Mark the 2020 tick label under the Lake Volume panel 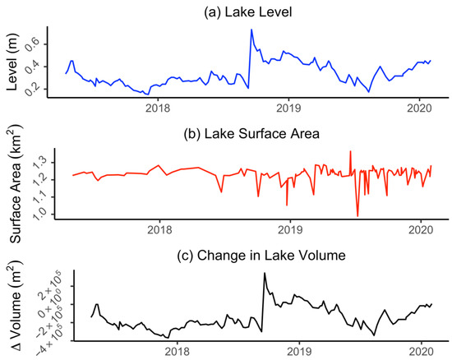click(x=421, y=350)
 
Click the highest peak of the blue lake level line click(x=251, y=30)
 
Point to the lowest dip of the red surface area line click(x=357, y=216)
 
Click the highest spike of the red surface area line click(x=350, y=151)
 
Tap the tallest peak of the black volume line click(x=264, y=273)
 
